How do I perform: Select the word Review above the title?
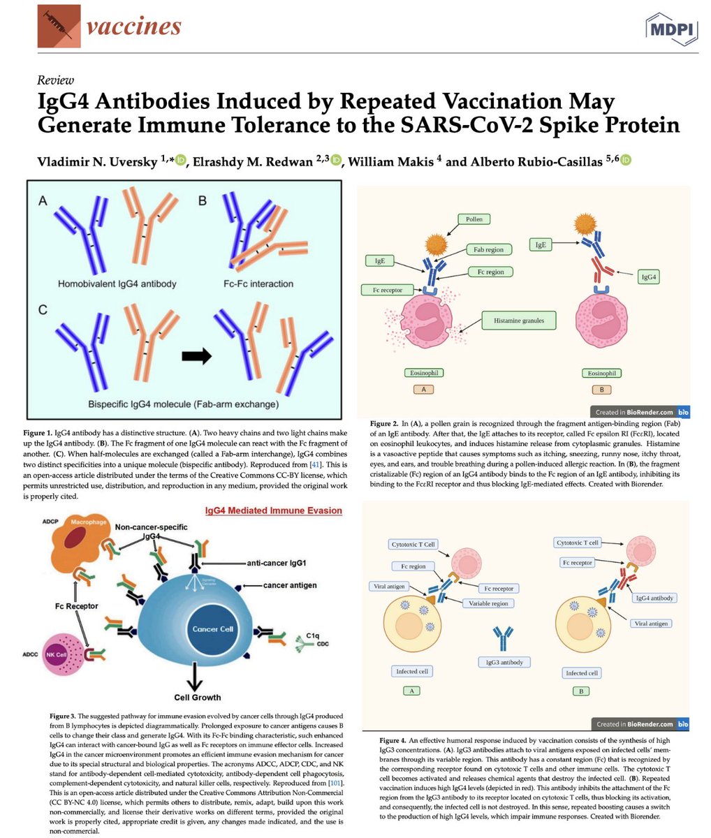(57, 80)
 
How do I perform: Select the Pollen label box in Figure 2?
(474, 219)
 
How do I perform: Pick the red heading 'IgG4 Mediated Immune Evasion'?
(273, 510)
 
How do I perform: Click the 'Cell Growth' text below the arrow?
(198, 697)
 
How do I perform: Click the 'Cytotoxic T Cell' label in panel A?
(411, 544)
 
